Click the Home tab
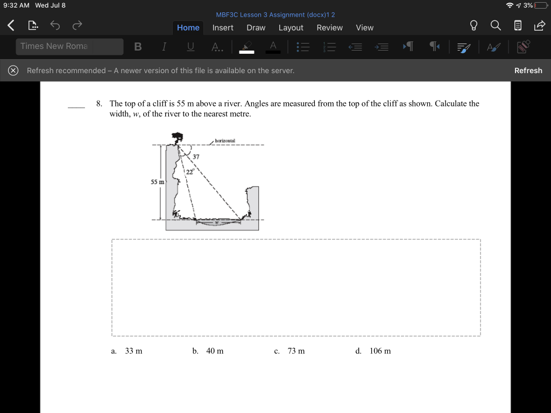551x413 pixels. point(188,27)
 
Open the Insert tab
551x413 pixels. point(223,27)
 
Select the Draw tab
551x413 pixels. point(256,27)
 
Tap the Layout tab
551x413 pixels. point(291,27)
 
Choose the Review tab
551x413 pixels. point(329,27)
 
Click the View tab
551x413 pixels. point(364,27)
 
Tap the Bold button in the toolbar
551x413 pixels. point(138,47)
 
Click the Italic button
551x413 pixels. point(164,47)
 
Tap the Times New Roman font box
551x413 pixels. point(69,46)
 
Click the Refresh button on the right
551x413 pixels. point(528,70)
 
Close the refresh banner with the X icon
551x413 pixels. point(13,70)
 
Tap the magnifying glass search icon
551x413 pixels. point(495,25)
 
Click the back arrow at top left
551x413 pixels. point(11,25)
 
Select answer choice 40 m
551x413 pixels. point(215,351)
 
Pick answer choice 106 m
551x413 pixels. point(380,351)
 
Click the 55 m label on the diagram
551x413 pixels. point(157,182)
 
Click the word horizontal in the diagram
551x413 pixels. point(225,141)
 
